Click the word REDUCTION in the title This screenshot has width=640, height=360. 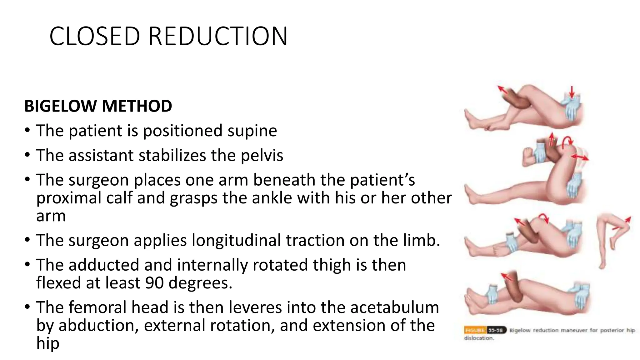point(218,36)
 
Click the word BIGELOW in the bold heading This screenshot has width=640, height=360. point(61,106)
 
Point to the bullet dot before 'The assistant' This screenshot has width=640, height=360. point(27,155)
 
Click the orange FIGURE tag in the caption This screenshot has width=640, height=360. point(475,330)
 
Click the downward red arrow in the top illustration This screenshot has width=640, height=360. point(572,92)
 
